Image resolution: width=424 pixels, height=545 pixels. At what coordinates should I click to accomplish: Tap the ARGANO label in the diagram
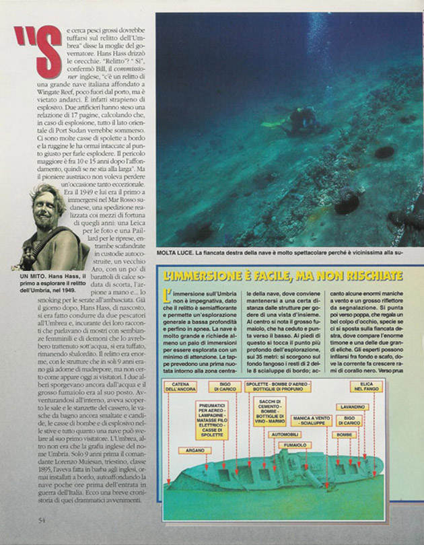point(195,450)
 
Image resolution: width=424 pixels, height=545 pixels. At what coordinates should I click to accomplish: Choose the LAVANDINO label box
point(352,406)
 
